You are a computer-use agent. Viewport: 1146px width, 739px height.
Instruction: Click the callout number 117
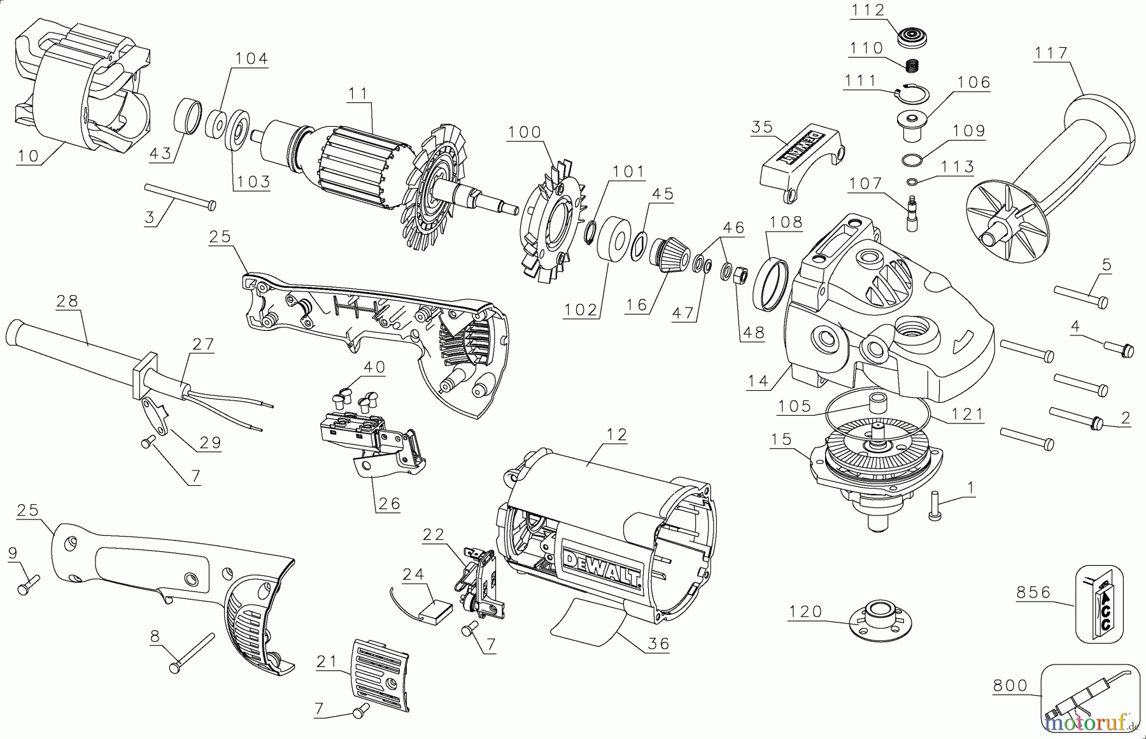1050,53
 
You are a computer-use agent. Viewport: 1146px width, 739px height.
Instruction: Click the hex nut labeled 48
740,277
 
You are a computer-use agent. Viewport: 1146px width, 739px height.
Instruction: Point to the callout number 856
1033,592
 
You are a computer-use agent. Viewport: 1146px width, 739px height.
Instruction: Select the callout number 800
1010,686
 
